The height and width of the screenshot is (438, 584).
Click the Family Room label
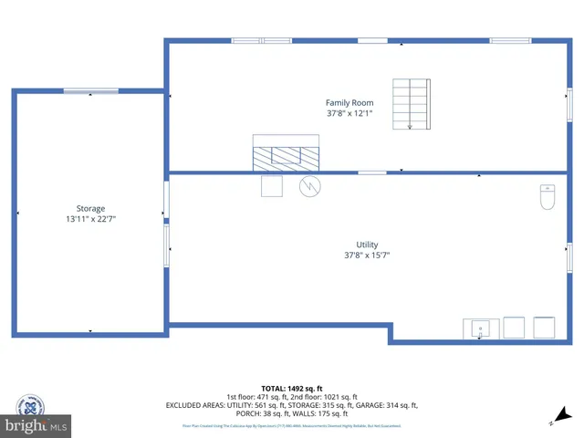[349, 103]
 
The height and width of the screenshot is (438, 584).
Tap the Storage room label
[90, 209]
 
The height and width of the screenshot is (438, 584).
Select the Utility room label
[367, 245]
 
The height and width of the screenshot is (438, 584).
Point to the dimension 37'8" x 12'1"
[349, 114]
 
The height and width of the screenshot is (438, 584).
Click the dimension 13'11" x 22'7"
[90, 219]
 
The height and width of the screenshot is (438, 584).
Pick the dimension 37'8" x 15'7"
[367, 255]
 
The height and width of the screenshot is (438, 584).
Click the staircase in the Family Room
[411, 103]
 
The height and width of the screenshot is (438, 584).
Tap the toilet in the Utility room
[547, 197]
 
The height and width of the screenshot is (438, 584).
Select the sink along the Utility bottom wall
[480, 328]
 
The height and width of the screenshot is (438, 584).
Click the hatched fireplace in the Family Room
[287, 153]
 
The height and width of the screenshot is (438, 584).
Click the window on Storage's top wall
[90, 90]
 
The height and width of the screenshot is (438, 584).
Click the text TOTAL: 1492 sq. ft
[291, 387]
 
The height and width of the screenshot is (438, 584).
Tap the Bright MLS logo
[36, 426]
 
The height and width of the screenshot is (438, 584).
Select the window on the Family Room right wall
[569, 102]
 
